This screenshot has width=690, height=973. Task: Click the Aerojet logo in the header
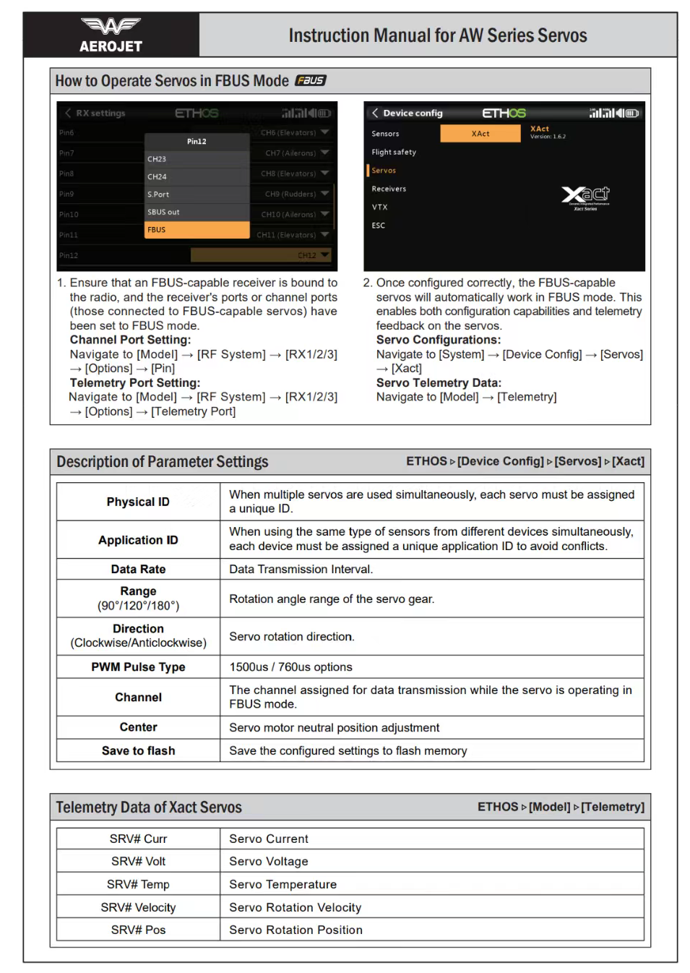[111, 35]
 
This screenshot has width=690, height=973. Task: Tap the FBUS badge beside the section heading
[311, 81]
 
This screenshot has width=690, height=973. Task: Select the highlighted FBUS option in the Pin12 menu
[197, 230]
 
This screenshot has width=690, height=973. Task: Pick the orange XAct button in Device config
[480, 134]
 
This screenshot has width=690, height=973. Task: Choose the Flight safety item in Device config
[394, 153]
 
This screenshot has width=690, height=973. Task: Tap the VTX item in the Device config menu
[379, 207]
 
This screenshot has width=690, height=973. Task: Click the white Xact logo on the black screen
[585, 195]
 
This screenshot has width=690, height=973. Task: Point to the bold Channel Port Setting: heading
[130, 340]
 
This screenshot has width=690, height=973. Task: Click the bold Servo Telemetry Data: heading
[439, 383]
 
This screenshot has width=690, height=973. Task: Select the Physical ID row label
[138, 502]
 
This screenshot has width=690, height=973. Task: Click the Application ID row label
[138, 540]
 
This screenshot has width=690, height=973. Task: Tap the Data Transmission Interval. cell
[301, 570]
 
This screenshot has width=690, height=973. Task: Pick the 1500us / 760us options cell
[290, 667]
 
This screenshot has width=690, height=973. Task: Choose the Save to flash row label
[138, 751]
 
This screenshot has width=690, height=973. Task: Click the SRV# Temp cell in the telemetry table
[138, 885]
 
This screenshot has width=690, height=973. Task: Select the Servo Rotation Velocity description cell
[295, 908]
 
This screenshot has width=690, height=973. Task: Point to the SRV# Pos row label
[138, 930]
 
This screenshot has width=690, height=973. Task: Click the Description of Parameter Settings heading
[162, 462]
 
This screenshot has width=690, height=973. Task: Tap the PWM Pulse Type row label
[138, 667]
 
